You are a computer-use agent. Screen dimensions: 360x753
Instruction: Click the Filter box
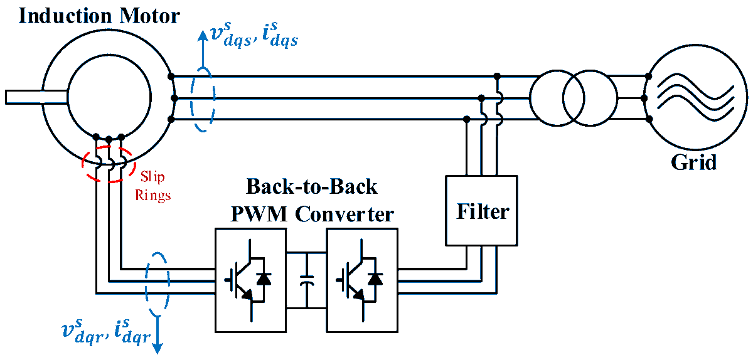pos(481,210)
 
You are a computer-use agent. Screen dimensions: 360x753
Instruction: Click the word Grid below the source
pos(693,162)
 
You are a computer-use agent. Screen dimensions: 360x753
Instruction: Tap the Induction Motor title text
pos(99,15)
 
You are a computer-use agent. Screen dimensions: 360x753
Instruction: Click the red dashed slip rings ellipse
pos(109,163)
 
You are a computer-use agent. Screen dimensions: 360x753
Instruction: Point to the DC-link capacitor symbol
pos(306,280)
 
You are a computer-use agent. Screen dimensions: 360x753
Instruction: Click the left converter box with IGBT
pos(250,280)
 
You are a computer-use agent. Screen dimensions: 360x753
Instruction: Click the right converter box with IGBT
pos(361,280)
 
